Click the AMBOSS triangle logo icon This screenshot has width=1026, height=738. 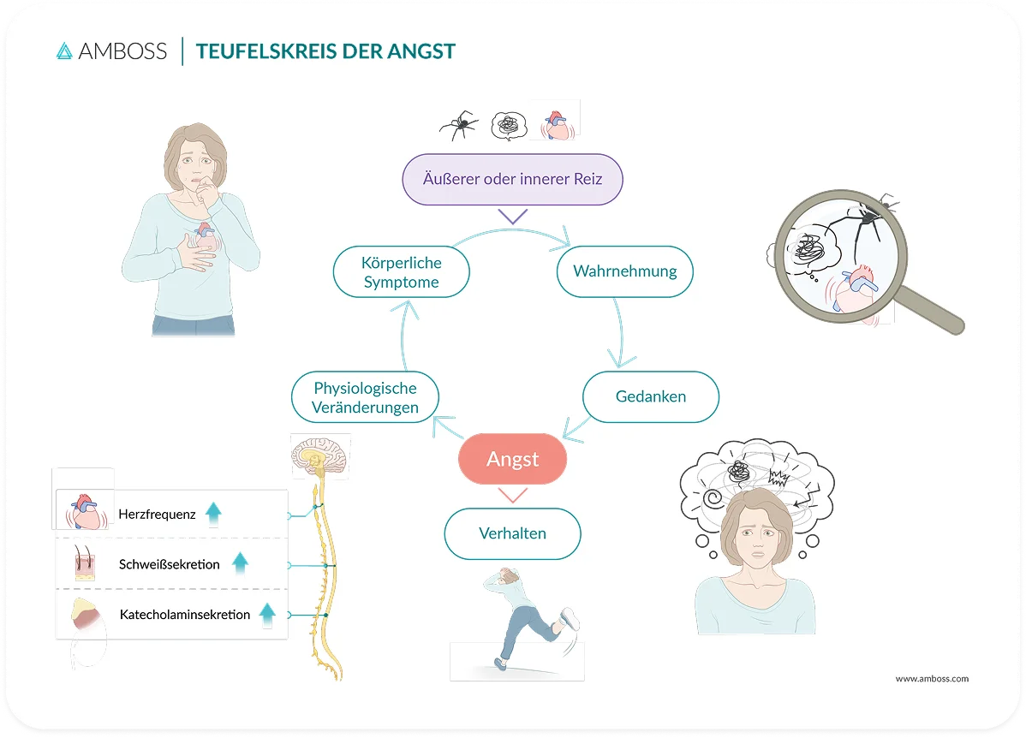tap(64, 51)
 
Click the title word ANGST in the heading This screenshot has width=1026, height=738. tap(421, 51)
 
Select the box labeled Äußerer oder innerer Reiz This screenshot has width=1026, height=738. tap(512, 179)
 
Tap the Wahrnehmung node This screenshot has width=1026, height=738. tap(625, 271)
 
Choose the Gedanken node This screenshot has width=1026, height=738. tap(650, 396)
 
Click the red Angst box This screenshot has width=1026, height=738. tap(512, 459)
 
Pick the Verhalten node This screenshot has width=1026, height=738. tap(512, 533)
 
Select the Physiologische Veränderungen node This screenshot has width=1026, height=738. tap(365, 397)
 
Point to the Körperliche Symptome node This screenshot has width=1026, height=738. tap(401, 272)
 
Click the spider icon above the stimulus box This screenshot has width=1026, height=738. tap(459, 125)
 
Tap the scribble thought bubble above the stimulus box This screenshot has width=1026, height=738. tap(509, 126)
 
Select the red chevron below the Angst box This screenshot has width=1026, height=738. tap(512, 495)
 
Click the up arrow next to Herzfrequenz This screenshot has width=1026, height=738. tap(213, 514)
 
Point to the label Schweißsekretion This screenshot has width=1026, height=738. tap(170, 564)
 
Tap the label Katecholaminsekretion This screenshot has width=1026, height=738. tap(184, 615)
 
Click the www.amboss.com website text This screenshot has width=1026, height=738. tap(932, 678)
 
